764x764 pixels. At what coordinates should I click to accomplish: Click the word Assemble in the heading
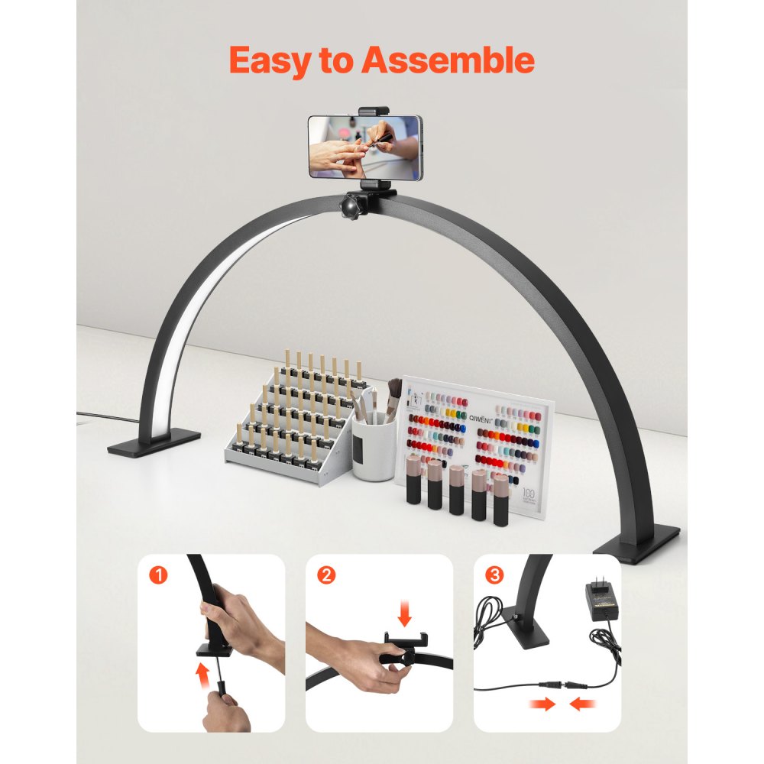448,60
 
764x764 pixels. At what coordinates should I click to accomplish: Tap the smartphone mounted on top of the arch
364,147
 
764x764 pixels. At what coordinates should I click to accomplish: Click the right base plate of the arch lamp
636,543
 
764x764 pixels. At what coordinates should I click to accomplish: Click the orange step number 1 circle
158,575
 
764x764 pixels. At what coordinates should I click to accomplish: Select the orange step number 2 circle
326,575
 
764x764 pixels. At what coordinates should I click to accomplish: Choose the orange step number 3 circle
494,575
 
